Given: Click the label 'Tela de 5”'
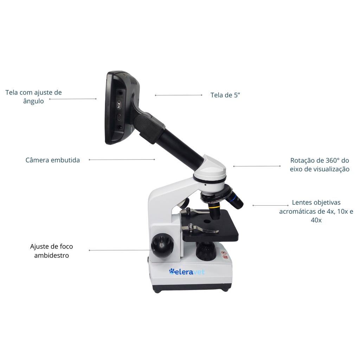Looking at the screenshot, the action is pos(225,95).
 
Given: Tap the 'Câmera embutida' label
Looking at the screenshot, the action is pos(53,160).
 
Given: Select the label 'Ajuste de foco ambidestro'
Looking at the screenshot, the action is pos(51,251).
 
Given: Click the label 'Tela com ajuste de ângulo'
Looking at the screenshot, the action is pos(33,97).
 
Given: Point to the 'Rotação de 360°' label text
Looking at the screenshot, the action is pos(320,160).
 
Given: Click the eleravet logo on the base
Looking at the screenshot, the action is pos(187,272).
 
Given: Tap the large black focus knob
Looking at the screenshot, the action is pos(162,245).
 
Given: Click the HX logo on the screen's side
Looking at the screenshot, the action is pos(119,105).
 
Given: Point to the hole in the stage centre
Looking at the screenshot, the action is pos(207,221).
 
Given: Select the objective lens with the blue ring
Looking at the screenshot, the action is pos(234,199).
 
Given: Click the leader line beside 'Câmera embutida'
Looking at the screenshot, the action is pos(122,160).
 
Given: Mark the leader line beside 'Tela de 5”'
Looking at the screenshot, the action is pos(179,95).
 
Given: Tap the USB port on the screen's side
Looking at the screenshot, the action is pos(119,118).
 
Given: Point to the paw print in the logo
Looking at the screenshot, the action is pos(172,271).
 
